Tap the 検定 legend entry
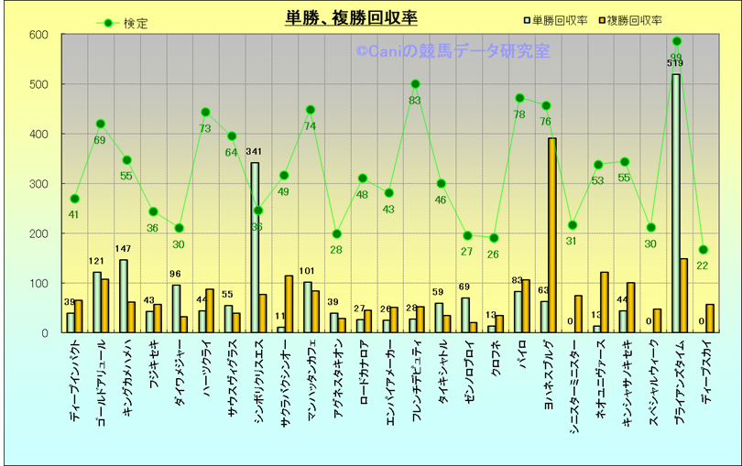click(123, 24)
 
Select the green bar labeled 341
click(255, 247)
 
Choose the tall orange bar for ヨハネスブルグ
click(552, 235)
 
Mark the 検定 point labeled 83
click(415, 84)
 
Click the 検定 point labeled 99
click(677, 41)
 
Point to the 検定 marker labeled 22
click(703, 249)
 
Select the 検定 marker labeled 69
click(101, 124)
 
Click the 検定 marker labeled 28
click(336, 233)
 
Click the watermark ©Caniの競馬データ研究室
click(453, 51)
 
